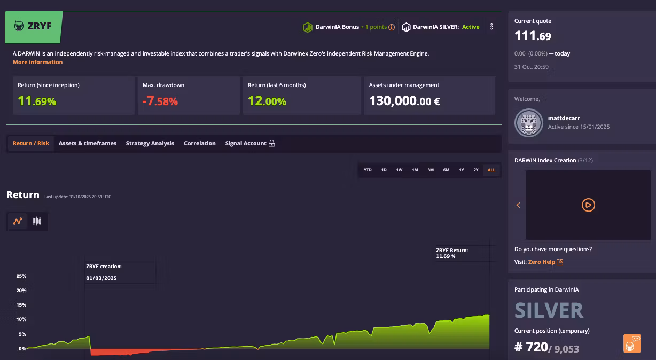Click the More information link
point(37,62)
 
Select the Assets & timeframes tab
point(88,143)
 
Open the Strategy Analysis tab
point(150,143)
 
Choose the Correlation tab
point(200,143)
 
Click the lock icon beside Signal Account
point(272,144)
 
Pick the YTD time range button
point(368,170)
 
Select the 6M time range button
point(446,170)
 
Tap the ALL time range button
point(491,170)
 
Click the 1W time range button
point(399,170)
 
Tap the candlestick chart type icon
point(37,221)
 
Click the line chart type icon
point(18,221)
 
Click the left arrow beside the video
point(518,205)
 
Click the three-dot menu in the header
point(491,26)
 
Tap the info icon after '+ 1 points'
point(392,27)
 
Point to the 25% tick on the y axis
point(21,276)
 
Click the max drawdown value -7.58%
point(160,101)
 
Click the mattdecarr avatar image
point(529,123)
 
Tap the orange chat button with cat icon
point(632,343)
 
